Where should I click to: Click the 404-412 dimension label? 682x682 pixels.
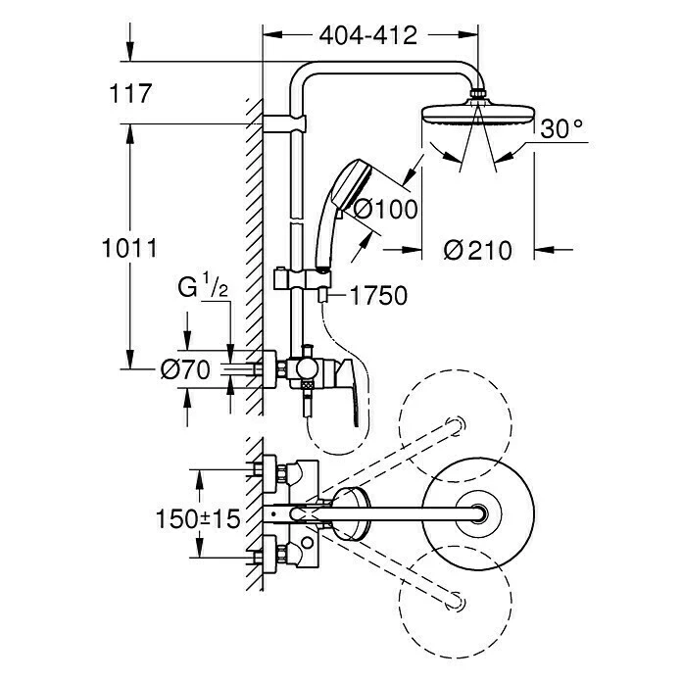tap(368, 35)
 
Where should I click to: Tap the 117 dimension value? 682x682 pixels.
tap(132, 94)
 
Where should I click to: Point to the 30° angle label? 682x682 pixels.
tap(561, 128)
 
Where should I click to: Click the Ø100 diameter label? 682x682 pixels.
tap(384, 209)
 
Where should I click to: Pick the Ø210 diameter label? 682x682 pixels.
tap(477, 250)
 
